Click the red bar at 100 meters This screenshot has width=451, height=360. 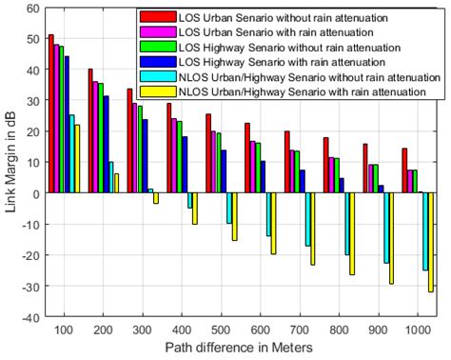point(51,114)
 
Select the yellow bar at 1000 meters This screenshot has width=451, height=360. point(430,242)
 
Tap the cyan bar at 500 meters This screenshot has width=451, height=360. point(229,208)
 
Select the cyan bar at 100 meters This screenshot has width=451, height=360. point(71,154)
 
